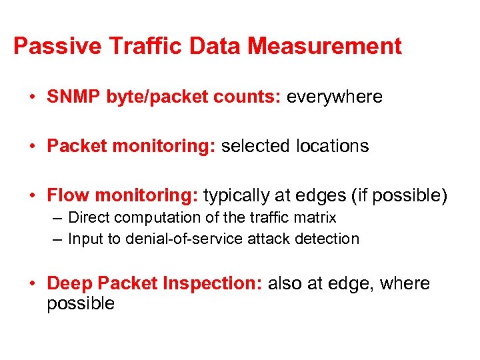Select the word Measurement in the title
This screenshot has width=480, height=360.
point(325,47)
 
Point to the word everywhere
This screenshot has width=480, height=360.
point(334,97)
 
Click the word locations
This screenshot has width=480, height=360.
point(332,147)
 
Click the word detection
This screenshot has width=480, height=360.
point(328,239)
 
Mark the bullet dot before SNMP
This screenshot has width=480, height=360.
point(32,98)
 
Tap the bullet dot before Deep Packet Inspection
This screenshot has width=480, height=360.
point(32,285)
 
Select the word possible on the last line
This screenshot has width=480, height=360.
point(81,304)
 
